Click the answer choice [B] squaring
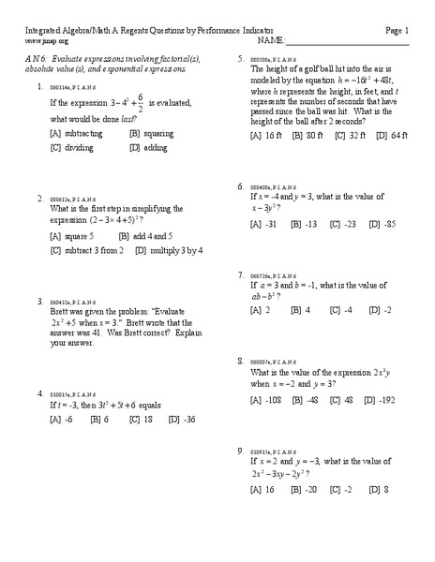153,134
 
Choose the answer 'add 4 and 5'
154,236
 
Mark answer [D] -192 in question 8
382,400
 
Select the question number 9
241,451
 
